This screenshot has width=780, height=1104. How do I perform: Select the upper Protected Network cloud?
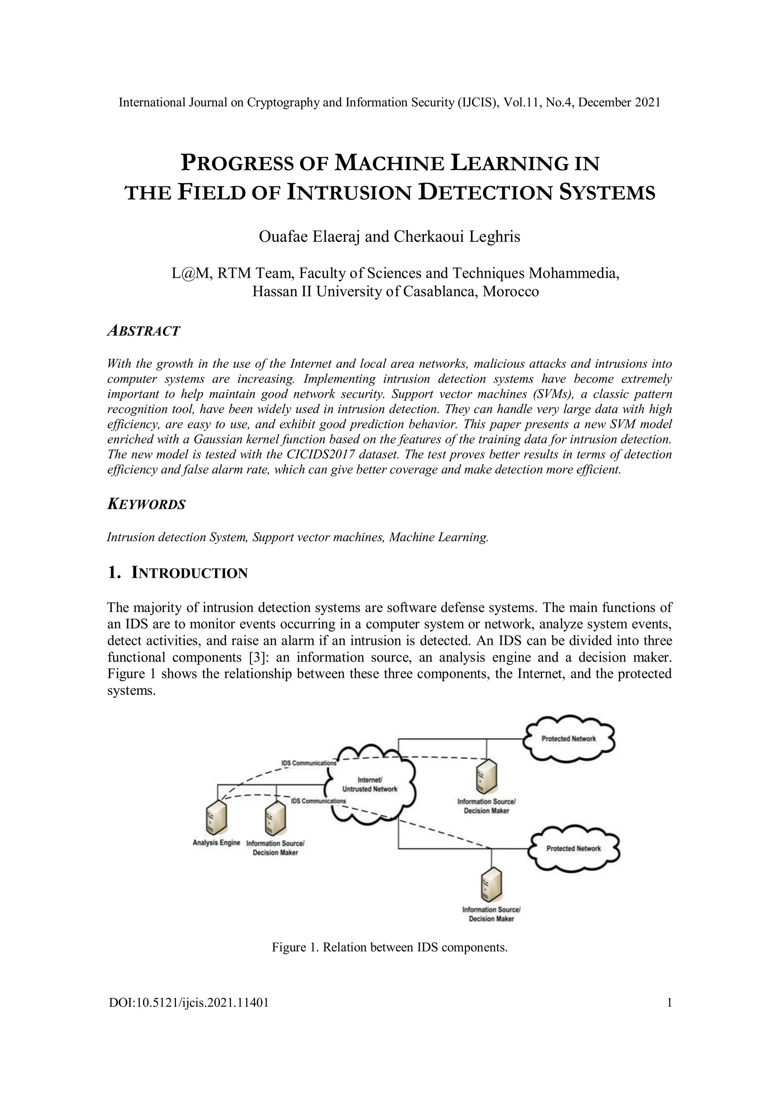569,739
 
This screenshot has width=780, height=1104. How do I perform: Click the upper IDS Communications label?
308,763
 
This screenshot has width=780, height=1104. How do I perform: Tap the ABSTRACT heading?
144,331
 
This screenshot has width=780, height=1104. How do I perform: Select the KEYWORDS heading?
146,505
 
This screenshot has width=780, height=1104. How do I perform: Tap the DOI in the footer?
189,1003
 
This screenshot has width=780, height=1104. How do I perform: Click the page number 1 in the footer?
669,1003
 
